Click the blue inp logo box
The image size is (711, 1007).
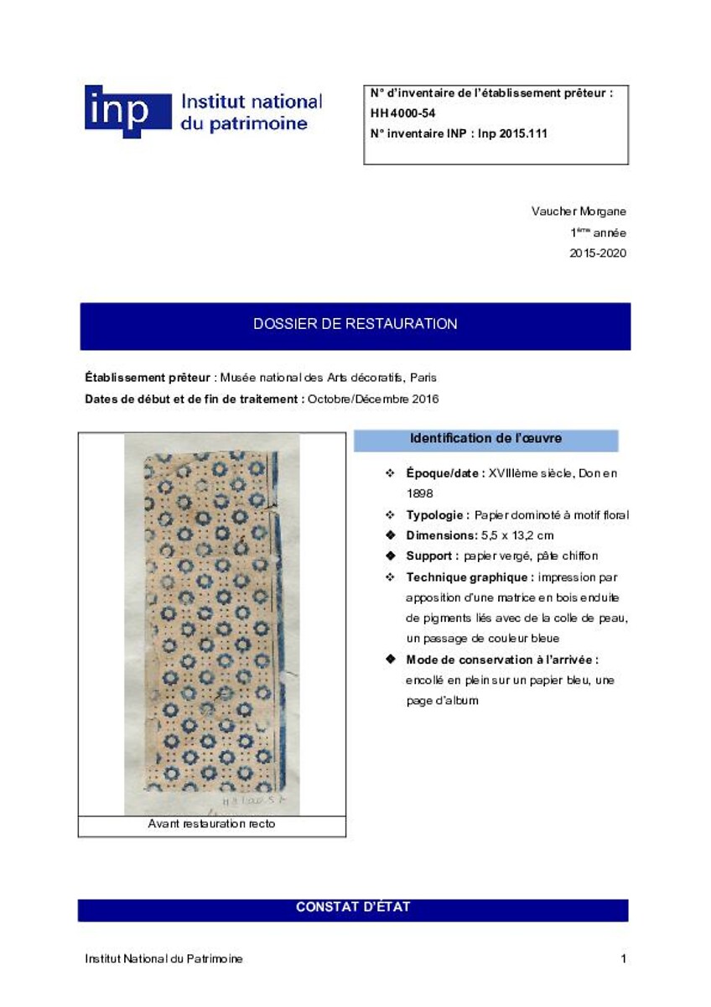(127, 112)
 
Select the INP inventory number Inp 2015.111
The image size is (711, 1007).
(512, 133)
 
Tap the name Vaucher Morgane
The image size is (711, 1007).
(579, 211)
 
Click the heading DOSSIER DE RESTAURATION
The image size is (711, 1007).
(355, 324)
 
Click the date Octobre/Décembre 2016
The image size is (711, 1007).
(373, 399)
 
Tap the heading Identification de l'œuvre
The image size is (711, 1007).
(485, 439)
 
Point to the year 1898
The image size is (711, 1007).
(419, 493)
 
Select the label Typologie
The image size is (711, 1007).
(438, 514)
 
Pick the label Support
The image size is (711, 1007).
(432, 556)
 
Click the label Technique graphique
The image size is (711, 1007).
(470, 577)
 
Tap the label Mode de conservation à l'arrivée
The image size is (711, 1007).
(501, 660)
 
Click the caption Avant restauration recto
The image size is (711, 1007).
(211, 825)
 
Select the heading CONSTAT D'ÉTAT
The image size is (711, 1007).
(353, 907)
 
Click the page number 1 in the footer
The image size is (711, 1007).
(623, 958)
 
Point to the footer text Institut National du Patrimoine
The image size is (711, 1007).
(164, 958)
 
